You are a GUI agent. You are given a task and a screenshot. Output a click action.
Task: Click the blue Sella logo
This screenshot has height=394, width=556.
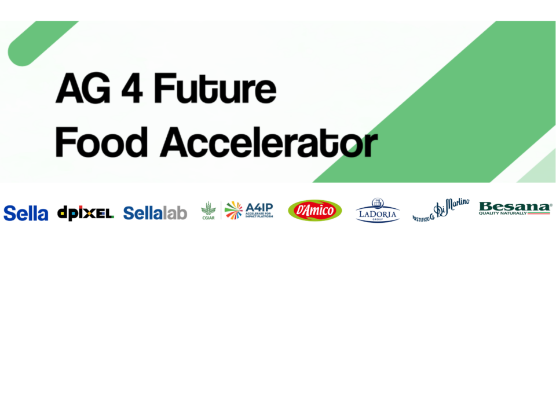pos(25,213)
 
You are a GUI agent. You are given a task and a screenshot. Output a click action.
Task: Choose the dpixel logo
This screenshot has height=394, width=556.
pos(85,213)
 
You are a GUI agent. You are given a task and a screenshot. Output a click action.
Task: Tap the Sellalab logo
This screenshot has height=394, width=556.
pos(155,213)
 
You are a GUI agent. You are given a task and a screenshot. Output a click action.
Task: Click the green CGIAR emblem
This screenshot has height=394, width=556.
pos(208,210)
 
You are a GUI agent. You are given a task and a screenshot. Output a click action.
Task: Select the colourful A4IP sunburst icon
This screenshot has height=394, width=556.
pos(233,210)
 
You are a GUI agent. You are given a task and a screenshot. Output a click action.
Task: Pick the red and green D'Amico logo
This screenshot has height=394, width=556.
pos(314,211)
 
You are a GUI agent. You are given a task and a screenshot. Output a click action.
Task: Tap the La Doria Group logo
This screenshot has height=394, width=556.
pos(377,211)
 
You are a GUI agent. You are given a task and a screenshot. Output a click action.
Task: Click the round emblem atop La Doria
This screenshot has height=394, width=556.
pos(378,202)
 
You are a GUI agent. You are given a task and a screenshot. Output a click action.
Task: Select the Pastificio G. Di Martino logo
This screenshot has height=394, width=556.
pos(441,210)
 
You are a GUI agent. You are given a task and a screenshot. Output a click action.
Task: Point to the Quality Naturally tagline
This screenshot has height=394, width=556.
pos(503,213)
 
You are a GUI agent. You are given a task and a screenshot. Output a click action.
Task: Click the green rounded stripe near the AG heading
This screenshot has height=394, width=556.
pos(41,44)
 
